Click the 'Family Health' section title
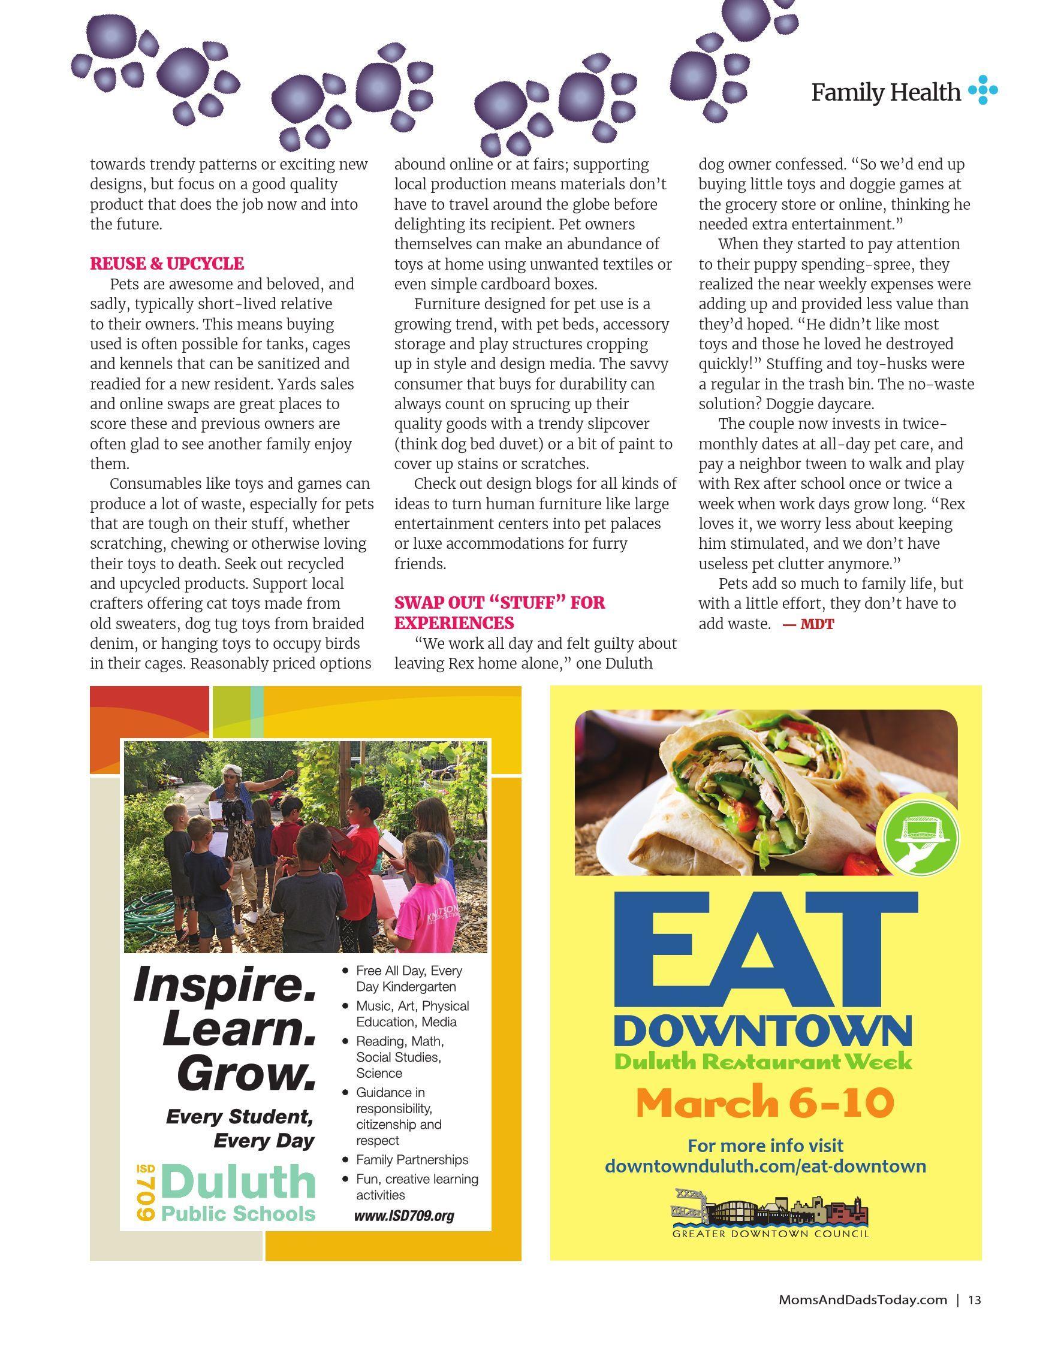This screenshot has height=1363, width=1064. [885, 92]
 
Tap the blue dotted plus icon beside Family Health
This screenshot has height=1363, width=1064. [983, 90]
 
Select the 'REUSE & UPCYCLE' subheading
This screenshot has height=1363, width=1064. [167, 264]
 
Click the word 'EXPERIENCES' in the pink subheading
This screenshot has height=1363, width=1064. [454, 623]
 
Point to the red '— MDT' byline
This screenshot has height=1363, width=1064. [809, 624]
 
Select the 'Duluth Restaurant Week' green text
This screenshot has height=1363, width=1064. [763, 1061]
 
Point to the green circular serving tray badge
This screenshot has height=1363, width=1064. [922, 839]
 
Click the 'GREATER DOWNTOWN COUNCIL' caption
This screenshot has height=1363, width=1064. [770, 1234]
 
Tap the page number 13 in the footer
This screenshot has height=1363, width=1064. [975, 1300]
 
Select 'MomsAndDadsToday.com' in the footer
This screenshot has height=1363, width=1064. [863, 1300]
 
